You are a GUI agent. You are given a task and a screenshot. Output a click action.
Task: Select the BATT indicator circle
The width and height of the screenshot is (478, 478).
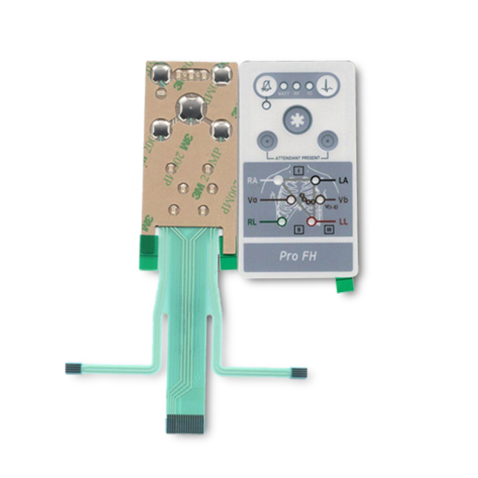coord(284,85)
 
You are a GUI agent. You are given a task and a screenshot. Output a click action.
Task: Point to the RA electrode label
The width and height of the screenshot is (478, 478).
coord(253,180)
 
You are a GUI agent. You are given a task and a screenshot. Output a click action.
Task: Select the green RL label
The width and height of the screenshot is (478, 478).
coord(254,222)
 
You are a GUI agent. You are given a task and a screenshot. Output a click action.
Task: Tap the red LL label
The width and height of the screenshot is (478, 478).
coord(343,222)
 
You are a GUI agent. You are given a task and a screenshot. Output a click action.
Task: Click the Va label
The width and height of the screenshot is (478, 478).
coord(253,200)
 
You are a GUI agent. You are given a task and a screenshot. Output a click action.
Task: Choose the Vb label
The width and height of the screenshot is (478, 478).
coord(343,200)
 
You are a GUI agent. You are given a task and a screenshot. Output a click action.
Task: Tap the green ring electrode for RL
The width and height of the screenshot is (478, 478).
coord(281,222)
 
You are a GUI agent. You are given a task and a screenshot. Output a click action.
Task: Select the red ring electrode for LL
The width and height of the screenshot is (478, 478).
coord(313,222)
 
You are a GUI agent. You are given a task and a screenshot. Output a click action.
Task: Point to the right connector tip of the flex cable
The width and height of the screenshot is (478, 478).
coord(298,371)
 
